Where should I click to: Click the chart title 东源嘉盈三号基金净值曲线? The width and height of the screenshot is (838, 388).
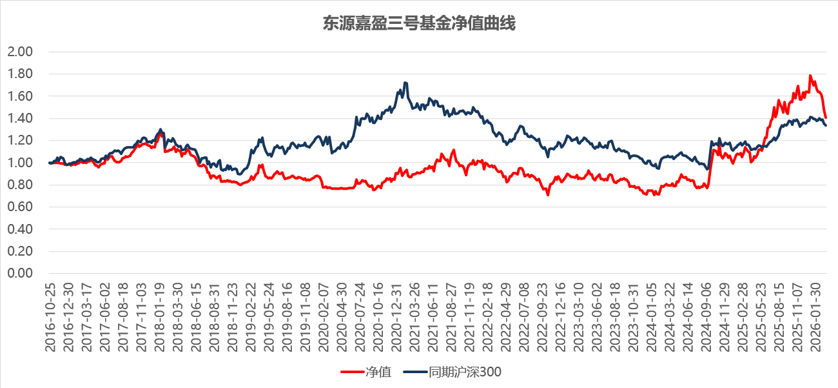click(419, 25)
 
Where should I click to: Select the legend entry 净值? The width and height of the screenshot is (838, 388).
click(378, 372)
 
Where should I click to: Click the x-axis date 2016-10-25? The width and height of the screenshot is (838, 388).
click(50, 316)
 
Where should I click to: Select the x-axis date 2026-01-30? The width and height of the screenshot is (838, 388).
click(815, 316)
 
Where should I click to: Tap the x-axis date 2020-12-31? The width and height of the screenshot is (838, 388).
click(398, 316)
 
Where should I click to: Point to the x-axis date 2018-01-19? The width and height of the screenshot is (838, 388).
click(159, 316)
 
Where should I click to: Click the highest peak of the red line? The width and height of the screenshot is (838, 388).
click(810, 76)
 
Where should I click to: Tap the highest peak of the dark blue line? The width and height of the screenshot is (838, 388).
click(405, 83)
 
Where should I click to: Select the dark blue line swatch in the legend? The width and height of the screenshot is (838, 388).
click(414, 372)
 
